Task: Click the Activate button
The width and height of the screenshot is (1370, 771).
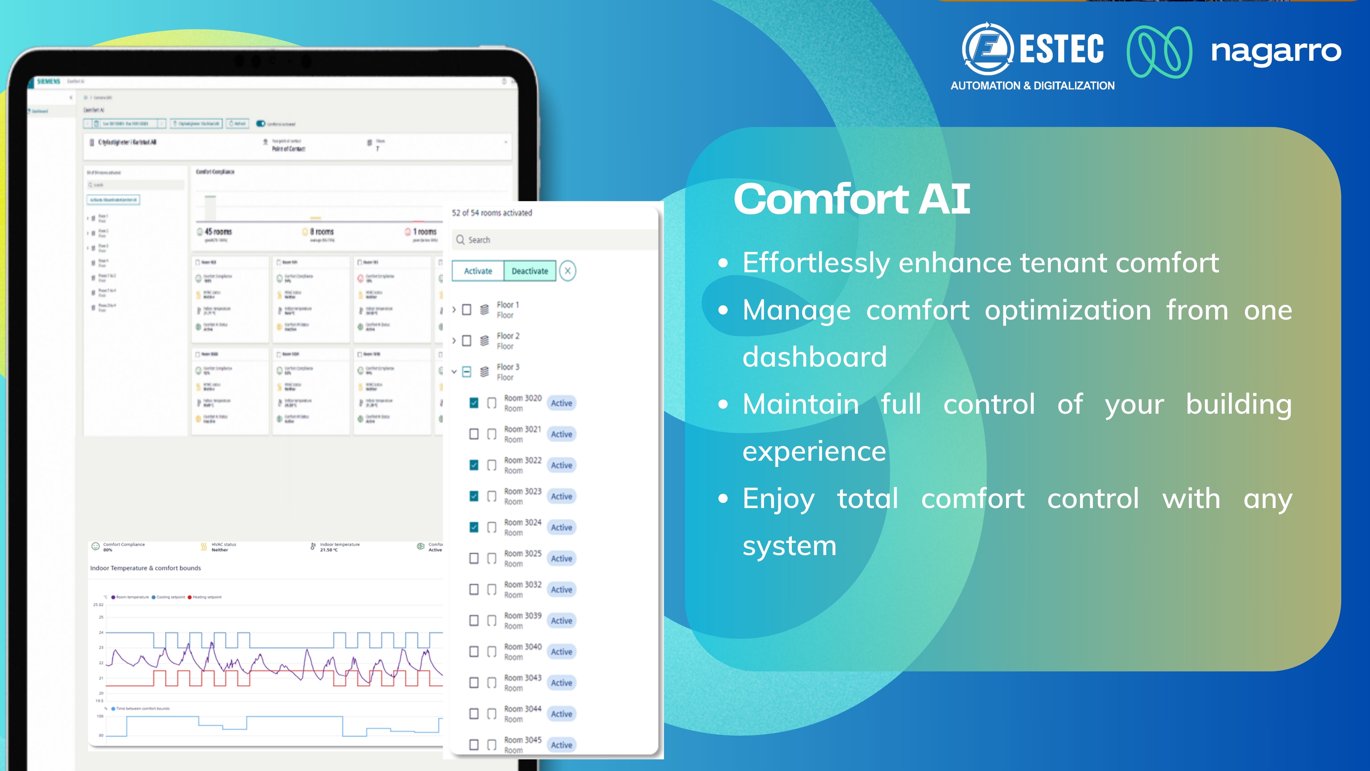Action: [478, 271]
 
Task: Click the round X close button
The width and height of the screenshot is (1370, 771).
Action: [567, 271]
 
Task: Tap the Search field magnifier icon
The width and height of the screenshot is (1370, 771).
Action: [460, 240]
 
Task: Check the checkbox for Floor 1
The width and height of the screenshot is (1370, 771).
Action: [466, 310]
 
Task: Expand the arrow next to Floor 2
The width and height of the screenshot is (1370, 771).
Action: [454, 341]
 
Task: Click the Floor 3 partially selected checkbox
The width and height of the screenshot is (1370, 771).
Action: [466, 372]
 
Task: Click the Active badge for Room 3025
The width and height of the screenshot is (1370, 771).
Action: [561, 559]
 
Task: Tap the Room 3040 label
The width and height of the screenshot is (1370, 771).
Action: [522, 647]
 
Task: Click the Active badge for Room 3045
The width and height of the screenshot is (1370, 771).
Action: [561, 745]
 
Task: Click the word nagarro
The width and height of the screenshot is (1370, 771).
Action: [1275, 52]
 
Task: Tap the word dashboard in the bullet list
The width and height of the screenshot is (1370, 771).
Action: [814, 357]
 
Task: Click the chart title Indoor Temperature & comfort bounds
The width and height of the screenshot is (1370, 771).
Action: [145, 568]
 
